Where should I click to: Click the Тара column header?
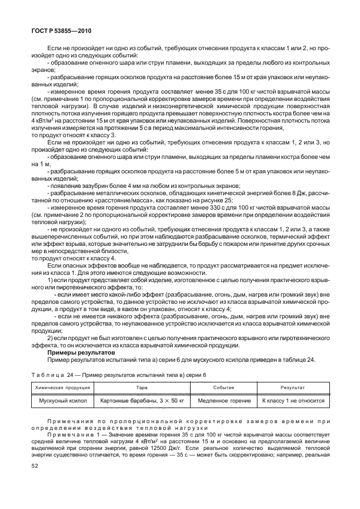[142, 386]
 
